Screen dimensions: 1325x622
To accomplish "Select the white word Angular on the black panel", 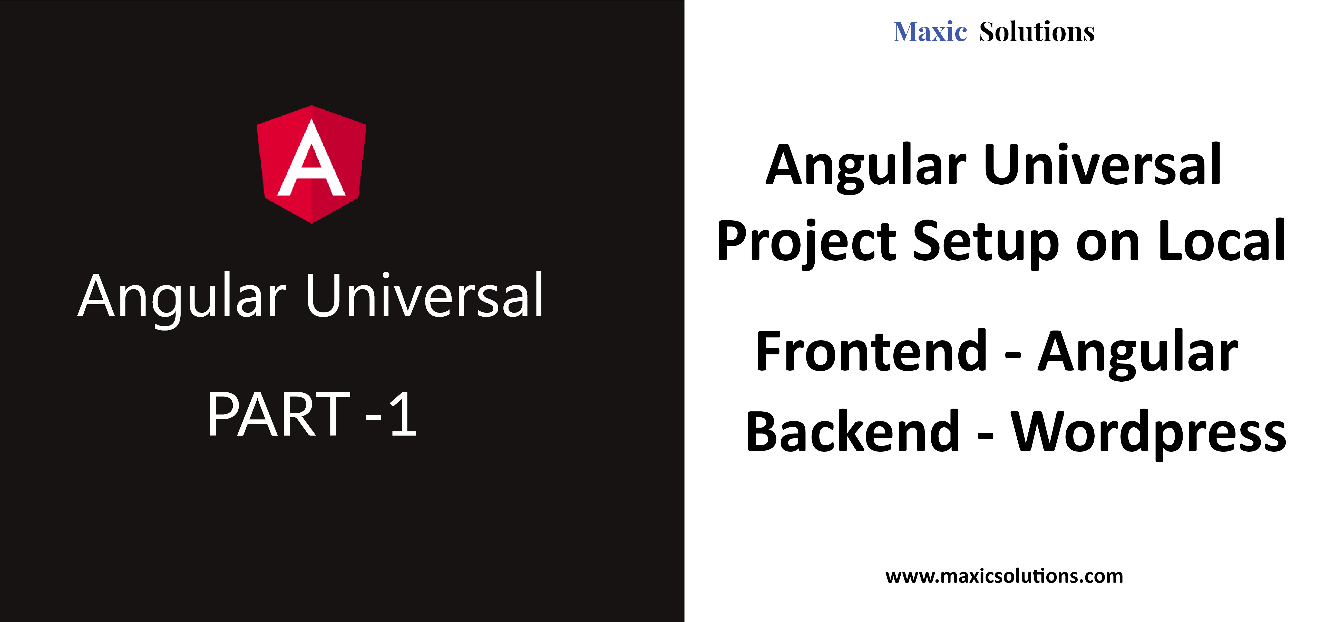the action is coord(182,300).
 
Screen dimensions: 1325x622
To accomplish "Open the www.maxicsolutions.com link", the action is coord(1004,576).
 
